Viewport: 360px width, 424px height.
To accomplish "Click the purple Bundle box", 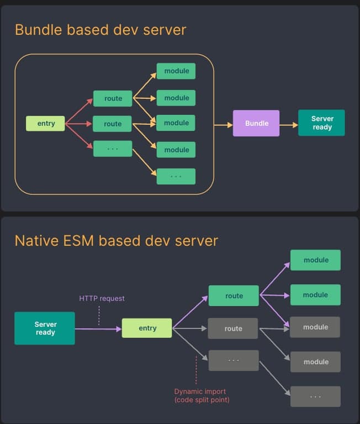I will pyautogui.click(x=256, y=123).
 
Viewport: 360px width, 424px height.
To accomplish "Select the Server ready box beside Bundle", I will pyautogui.click(x=321, y=123).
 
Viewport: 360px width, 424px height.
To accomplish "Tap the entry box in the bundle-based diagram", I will pyautogui.click(x=45, y=123).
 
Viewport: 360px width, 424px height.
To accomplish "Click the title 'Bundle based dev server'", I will pyautogui.click(x=100, y=29).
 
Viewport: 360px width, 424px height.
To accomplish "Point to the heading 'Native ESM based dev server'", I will pyautogui.click(x=116, y=241).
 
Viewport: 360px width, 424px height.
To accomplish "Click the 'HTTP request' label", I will pyautogui.click(x=102, y=298).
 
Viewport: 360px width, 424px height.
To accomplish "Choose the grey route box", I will pyautogui.click(x=233, y=328).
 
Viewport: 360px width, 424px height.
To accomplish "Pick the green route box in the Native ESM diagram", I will pyautogui.click(x=234, y=295).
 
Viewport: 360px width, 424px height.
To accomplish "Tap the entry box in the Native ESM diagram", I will pyautogui.click(x=147, y=328).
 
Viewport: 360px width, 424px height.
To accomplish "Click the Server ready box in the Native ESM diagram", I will pyautogui.click(x=45, y=328).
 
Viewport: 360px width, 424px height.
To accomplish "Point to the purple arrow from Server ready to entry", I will pyautogui.click(x=98, y=329).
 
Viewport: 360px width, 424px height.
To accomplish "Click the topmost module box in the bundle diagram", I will pyautogui.click(x=176, y=71).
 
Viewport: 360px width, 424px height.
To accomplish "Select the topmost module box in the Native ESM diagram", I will pyautogui.click(x=315, y=260).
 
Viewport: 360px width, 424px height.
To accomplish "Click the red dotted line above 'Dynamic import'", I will pyautogui.click(x=196, y=370).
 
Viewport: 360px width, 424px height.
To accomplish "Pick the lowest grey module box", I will pyautogui.click(x=315, y=362).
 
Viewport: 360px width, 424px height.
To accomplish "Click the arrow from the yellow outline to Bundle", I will pyautogui.click(x=223, y=125).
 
